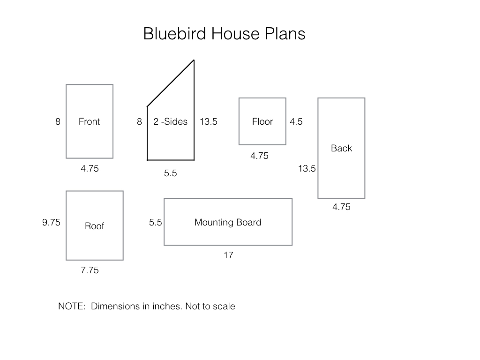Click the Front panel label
pyautogui.click(x=89, y=121)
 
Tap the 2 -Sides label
pyautogui.click(x=170, y=121)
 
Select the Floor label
pyautogui.click(x=262, y=121)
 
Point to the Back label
pyautogui.click(x=341, y=148)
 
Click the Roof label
pyautogui.click(x=94, y=226)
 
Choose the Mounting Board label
pyautogui.click(x=228, y=222)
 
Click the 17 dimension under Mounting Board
pyautogui.click(x=228, y=255)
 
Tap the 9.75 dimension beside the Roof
pyautogui.click(x=51, y=222)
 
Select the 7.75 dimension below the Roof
pyautogui.click(x=90, y=270)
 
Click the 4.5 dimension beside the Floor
pyautogui.click(x=296, y=121)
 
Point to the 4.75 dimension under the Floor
pyautogui.click(x=259, y=156)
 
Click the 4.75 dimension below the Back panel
pyautogui.click(x=341, y=207)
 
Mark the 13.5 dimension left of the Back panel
pyautogui.click(x=307, y=168)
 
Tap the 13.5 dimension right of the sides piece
pyautogui.click(x=209, y=121)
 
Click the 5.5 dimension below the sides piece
pyautogui.click(x=170, y=173)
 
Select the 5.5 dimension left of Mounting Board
pyautogui.click(x=155, y=222)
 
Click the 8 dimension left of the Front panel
pyautogui.click(x=58, y=121)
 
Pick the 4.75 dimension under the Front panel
pyautogui.click(x=90, y=168)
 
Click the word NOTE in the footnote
pyautogui.click(x=72, y=306)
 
